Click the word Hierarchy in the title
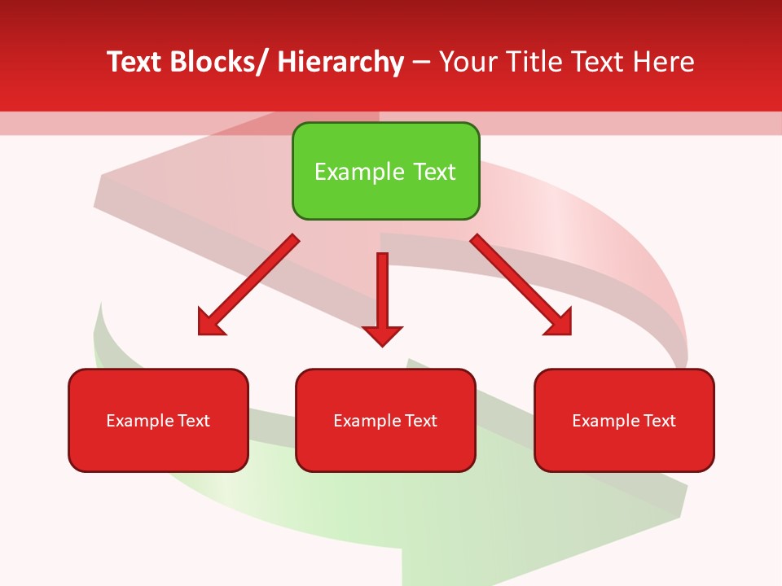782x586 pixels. pos(340,62)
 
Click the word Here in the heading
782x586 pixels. pos(665,62)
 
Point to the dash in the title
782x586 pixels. pos(421,63)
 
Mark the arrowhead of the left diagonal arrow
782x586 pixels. pos(209,322)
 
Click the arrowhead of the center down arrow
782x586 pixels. pos(382,335)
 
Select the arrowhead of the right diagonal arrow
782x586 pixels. pos(560,322)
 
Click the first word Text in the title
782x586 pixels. pos(134,62)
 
